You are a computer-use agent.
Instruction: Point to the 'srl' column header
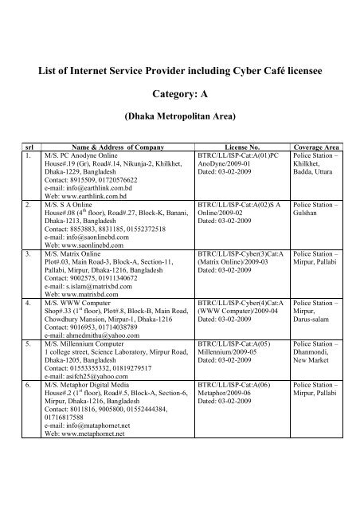[28, 146]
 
